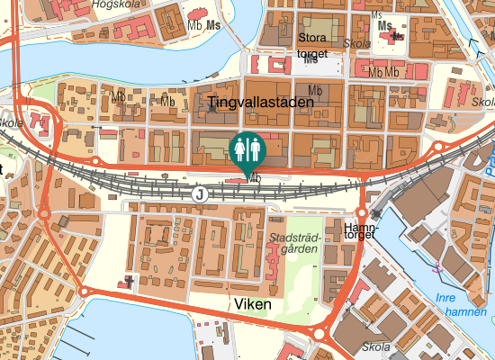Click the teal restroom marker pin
(x=247, y=148)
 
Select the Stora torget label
(x=312, y=46)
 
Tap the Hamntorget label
(x=360, y=229)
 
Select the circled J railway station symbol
(x=200, y=193)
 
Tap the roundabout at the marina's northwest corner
(x=84, y=292)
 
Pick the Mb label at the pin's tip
(x=255, y=178)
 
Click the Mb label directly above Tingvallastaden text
(x=315, y=90)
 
